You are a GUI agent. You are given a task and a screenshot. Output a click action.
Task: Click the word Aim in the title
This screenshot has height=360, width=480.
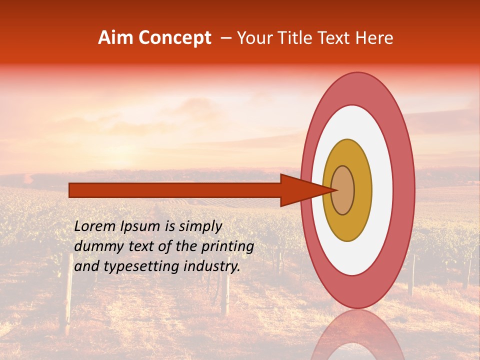pyautogui.click(x=114, y=38)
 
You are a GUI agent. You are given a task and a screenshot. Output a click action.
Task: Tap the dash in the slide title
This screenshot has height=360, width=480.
pyautogui.click(x=225, y=38)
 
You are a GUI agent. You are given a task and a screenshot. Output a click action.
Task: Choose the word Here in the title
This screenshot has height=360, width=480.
pyautogui.click(x=375, y=38)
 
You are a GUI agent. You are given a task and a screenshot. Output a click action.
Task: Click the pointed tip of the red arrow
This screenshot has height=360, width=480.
pyautogui.click(x=336, y=190)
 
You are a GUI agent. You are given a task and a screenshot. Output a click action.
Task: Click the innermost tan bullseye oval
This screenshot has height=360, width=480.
pyautogui.click(x=343, y=190)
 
